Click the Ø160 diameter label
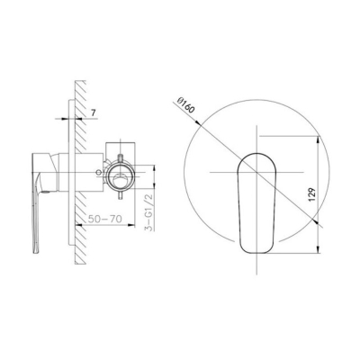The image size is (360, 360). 185,105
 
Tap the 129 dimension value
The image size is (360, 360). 312,194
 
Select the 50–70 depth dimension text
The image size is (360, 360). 105,219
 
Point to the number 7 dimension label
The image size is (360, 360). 94,113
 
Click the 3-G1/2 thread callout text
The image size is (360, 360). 148,212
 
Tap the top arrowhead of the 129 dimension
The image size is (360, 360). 318,140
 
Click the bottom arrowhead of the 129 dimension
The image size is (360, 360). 318,249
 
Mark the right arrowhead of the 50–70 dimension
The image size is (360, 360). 130,225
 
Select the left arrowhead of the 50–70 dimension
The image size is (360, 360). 78,225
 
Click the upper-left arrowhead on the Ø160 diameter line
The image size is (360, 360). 198,122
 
